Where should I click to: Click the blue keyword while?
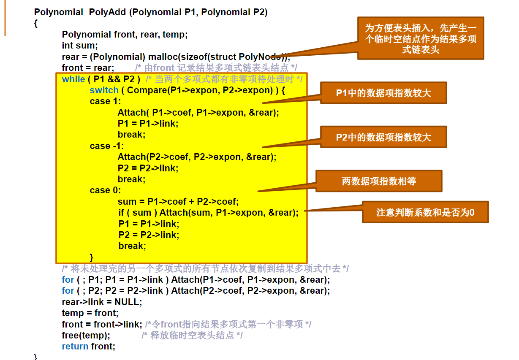(73, 79)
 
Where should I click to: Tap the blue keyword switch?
(104, 90)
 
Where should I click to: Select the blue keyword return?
(75, 346)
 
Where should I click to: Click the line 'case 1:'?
(105, 101)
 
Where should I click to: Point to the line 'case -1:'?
(107, 146)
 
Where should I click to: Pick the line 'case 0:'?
(105, 190)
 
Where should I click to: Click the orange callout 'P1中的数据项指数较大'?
(383, 93)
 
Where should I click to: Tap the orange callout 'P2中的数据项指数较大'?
(383, 137)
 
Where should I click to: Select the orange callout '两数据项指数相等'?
(379, 181)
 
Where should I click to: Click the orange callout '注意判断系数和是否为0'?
(425, 212)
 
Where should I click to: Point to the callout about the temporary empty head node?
(420, 38)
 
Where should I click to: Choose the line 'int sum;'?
(80, 46)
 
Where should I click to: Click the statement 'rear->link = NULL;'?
(102, 302)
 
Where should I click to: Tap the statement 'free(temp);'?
(86, 336)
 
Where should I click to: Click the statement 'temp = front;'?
(90, 313)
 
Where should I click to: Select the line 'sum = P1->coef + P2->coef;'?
(178, 202)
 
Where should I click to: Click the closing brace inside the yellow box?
(92, 257)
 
